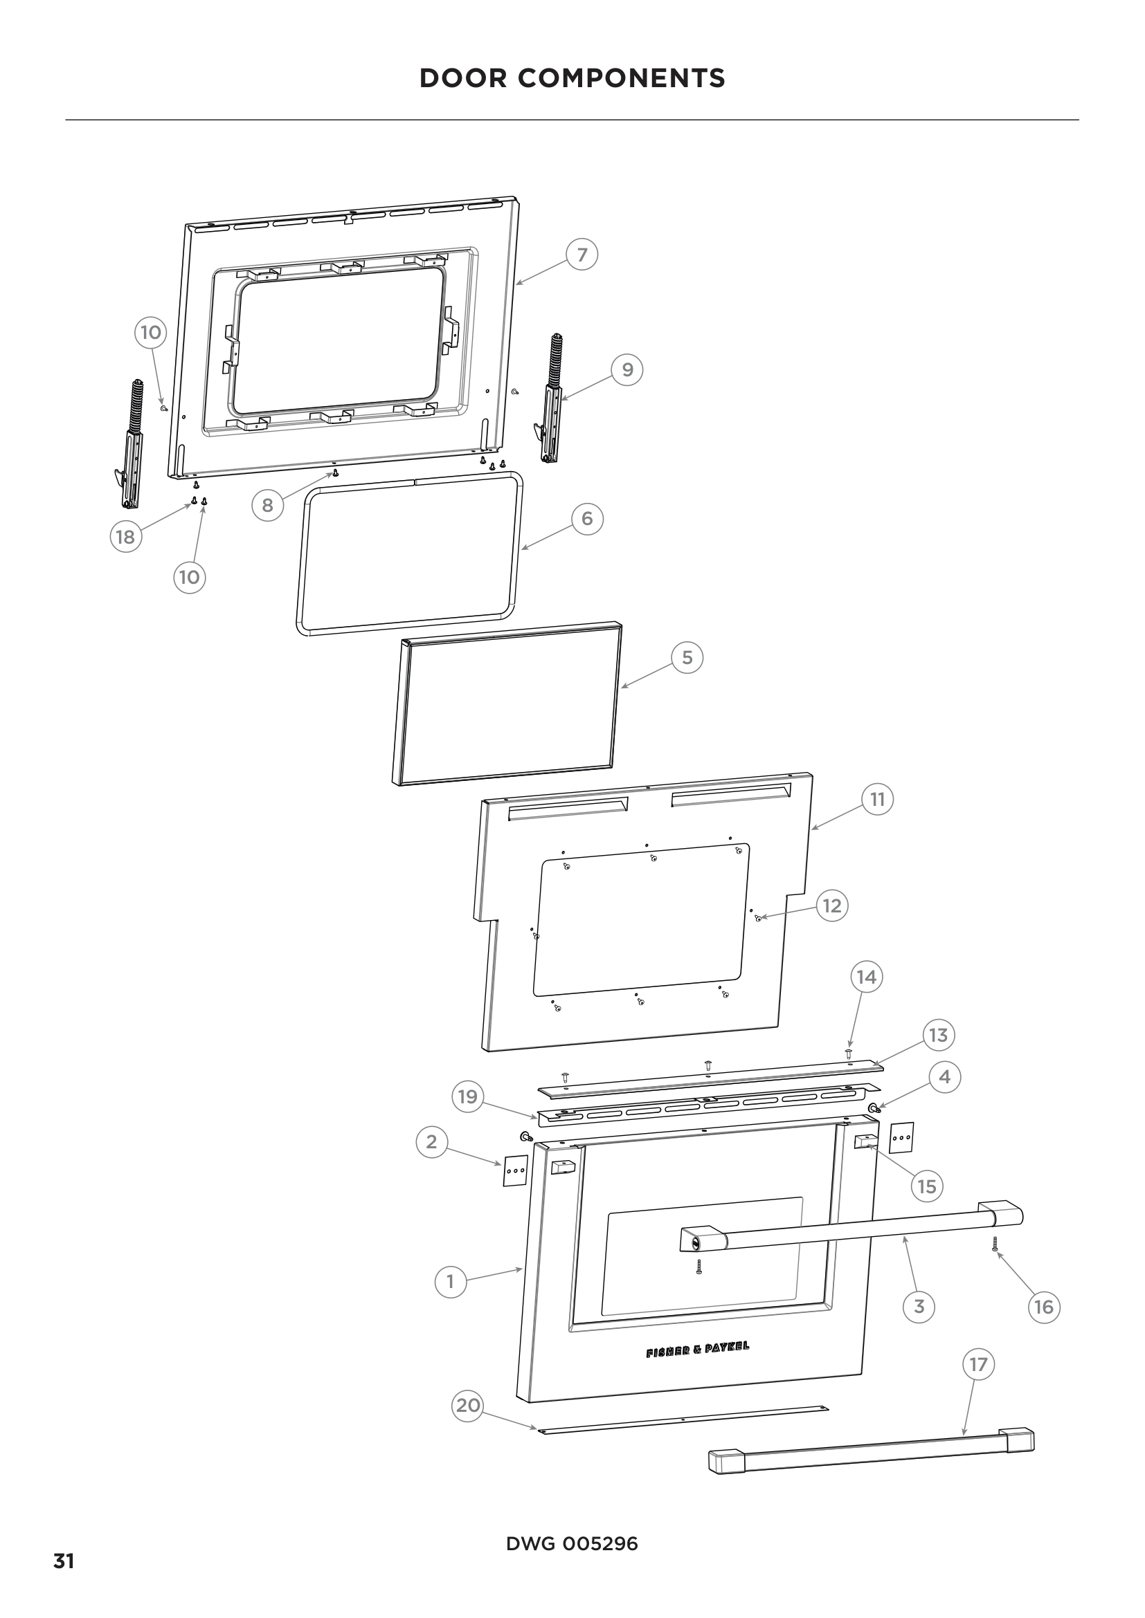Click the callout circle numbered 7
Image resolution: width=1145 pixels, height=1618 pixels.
(581, 255)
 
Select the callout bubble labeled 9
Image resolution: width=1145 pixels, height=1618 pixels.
(626, 370)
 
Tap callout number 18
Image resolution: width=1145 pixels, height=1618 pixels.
(125, 537)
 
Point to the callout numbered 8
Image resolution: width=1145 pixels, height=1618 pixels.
(267, 505)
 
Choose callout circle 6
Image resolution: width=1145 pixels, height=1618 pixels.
(586, 520)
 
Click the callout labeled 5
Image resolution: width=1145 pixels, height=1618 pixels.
(687, 658)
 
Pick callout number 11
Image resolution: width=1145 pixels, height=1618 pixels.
(877, 800)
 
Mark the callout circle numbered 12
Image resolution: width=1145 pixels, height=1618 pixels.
(832, 905)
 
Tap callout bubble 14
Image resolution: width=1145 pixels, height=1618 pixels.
(867, 977)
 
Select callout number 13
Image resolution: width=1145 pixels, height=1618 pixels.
(939, 1036)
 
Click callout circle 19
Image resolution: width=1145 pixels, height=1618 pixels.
(467, 1096)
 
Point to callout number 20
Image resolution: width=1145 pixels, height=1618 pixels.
(467, 1405)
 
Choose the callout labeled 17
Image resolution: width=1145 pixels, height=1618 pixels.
(978, 1364)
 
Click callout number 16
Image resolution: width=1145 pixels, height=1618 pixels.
(1043, 1307)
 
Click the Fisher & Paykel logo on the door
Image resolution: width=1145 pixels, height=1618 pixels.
(697, 1350)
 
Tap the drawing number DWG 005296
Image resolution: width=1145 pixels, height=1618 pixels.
(572, 1544)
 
